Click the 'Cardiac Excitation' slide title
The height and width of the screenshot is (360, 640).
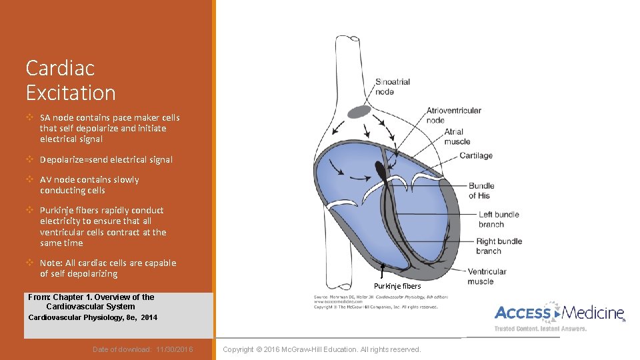coord(71,80)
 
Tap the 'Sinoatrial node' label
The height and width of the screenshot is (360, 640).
coord(393,87)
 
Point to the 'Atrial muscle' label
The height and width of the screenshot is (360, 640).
coord(457,137)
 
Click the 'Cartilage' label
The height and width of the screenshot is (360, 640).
coord(476,155)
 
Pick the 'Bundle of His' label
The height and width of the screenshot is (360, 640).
coord(481,191)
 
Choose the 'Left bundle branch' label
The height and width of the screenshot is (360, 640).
coord(499,219)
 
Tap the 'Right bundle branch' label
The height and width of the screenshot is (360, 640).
coord(499,246)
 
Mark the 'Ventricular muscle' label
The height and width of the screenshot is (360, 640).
coord(486,276)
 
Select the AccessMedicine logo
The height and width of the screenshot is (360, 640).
coord(559,313)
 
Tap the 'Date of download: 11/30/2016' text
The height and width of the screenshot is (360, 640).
coord(143,349)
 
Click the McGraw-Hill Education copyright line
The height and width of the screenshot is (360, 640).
coord(322,349)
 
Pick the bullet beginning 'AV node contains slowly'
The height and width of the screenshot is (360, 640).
coord(89,185)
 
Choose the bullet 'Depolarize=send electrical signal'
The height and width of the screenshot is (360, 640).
coord(106,159)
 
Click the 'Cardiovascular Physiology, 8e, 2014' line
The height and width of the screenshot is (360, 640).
coord(93,317)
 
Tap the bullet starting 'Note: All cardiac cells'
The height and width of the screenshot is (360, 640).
coord(107,268)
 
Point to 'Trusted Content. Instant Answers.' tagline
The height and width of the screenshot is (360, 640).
coord(540,329)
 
